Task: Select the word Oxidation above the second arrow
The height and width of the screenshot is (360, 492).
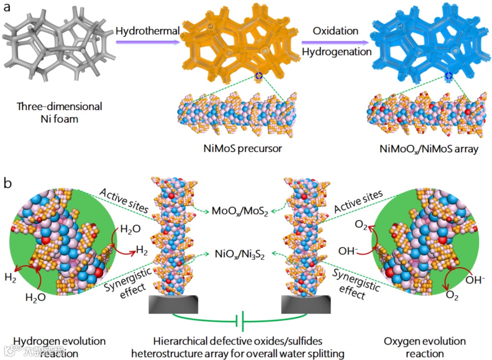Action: pos(336,31)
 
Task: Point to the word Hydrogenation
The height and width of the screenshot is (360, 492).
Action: pos(337,52)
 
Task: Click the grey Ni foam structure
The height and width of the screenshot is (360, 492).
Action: pos(57,46)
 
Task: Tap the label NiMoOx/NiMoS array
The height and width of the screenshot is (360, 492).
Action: pos(429,148)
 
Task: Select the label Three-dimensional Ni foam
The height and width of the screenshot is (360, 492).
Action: pos(60,112)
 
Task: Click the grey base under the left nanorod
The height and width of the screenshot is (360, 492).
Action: pos(174,304)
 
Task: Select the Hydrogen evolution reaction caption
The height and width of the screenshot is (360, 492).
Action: pos(60,347)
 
